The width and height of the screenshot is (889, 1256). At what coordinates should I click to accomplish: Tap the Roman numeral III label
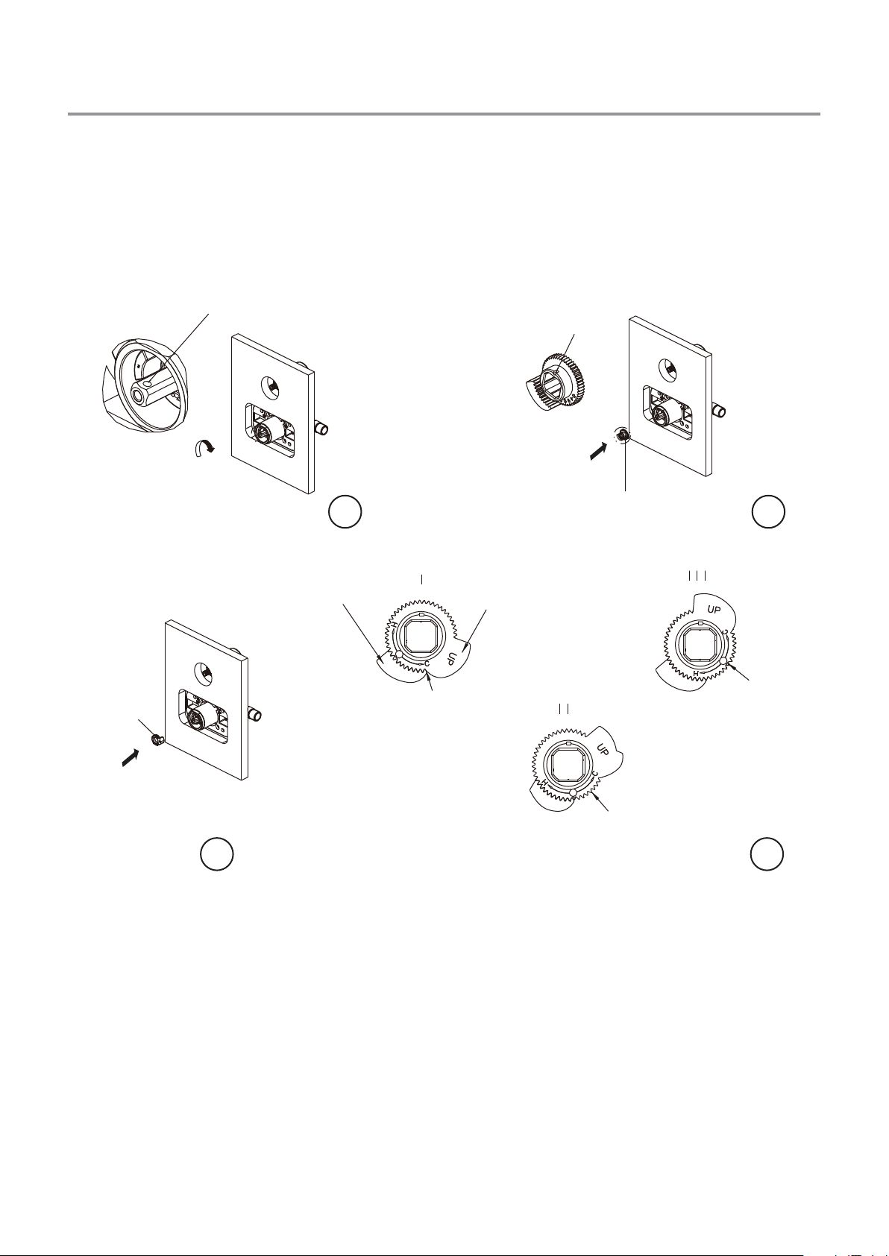pos(697,576)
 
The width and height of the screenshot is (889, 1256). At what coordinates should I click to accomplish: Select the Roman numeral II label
pos(564,710)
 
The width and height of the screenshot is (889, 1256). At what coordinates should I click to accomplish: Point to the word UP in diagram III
pos(714,610)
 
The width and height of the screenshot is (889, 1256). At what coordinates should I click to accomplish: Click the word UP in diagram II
pos(603,749)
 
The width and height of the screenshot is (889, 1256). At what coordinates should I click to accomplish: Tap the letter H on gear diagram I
pos(395,625)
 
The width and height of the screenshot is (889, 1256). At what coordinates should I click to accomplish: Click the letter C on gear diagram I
pos(427,664)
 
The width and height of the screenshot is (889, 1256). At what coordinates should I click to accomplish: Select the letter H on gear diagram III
pos(696,672)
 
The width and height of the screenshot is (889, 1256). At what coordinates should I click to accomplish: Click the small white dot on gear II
pos(574,792)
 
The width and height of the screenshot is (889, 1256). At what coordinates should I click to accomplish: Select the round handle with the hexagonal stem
pos(148,386)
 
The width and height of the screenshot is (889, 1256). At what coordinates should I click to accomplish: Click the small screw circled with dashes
pos(622,433)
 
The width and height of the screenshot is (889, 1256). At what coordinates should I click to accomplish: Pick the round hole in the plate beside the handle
pos(270,386)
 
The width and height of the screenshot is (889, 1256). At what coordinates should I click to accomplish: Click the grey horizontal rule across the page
pos(444,114)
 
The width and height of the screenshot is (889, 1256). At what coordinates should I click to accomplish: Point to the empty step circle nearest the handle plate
pos(345,511)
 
